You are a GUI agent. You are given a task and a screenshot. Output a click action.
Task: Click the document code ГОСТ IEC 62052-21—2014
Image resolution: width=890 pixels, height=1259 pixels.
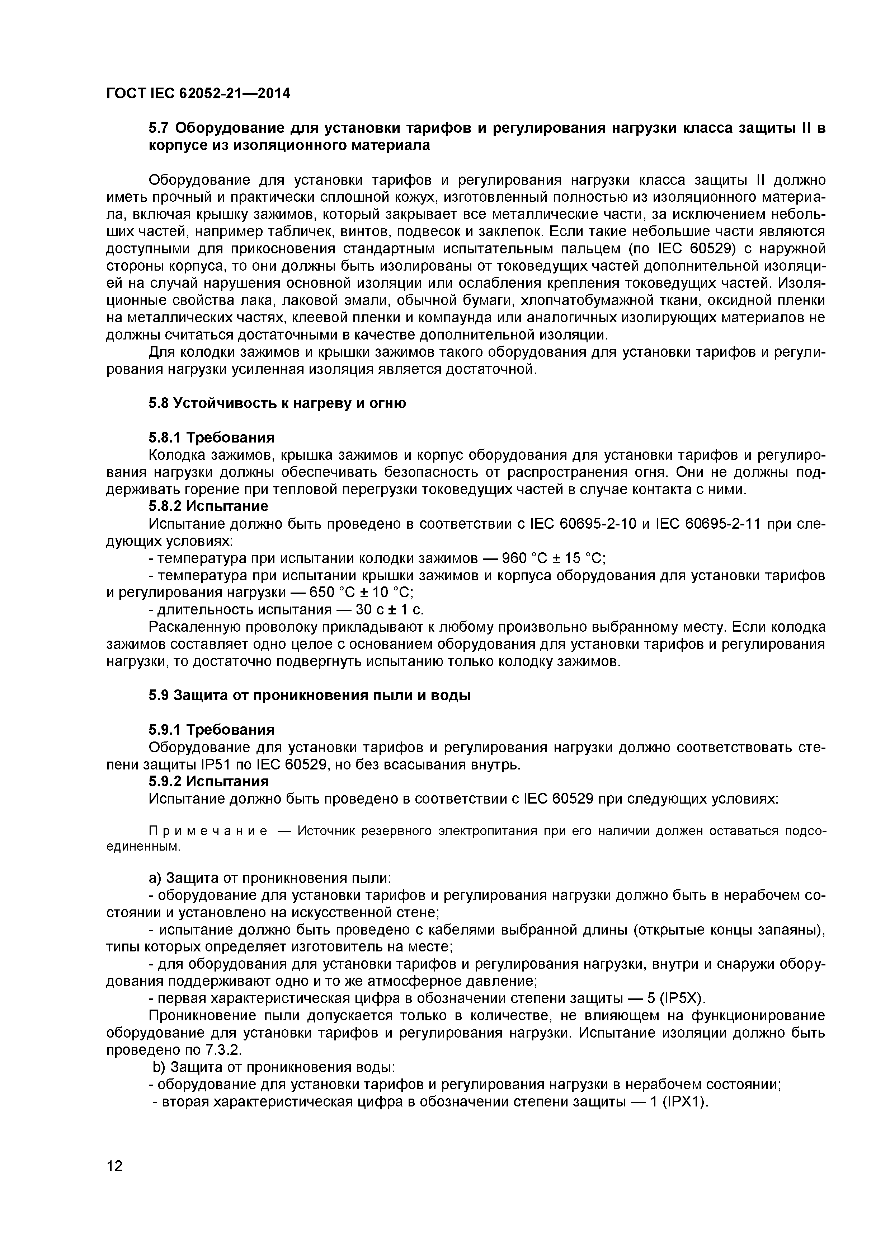(x=198, y=94)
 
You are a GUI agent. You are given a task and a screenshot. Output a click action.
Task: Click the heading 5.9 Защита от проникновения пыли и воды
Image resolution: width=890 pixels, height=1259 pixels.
(x=310, y=695)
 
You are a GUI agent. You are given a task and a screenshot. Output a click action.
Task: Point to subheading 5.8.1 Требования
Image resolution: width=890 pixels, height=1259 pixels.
(x=212, y=437)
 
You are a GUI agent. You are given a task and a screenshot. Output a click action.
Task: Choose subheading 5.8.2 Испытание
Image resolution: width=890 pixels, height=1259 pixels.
(x=208, y=506)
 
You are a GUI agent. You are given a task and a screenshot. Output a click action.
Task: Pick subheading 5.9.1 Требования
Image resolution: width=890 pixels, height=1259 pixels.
(x=212, y=730)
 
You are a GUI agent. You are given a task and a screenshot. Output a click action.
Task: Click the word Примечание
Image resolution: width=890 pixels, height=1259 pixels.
(x=208, y=831)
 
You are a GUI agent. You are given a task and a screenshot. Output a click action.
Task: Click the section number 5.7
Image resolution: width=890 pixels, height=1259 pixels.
(x=159, y=128)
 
